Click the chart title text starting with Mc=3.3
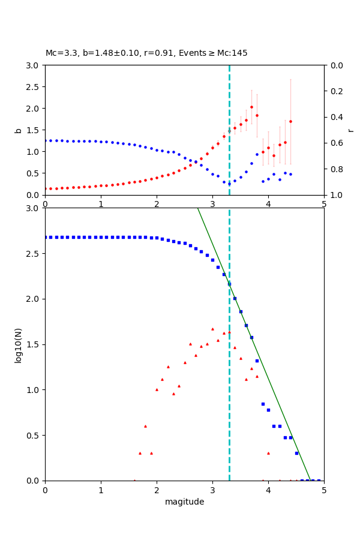(146, 53)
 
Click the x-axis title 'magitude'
(184, 502)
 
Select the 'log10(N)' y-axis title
(19, 344)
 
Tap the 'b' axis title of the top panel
(19, 130)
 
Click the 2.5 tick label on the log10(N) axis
(35, 254)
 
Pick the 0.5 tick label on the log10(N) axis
(35, 436)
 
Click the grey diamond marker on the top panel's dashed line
(229, 131)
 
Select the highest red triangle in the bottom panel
(212, 329)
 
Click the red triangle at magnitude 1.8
(145, 426)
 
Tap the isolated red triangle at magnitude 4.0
(268, 453)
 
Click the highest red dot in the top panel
(251, 107)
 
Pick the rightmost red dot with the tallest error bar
(290, 121)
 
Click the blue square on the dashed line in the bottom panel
(229, 284)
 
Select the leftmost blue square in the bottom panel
(46, 237)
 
